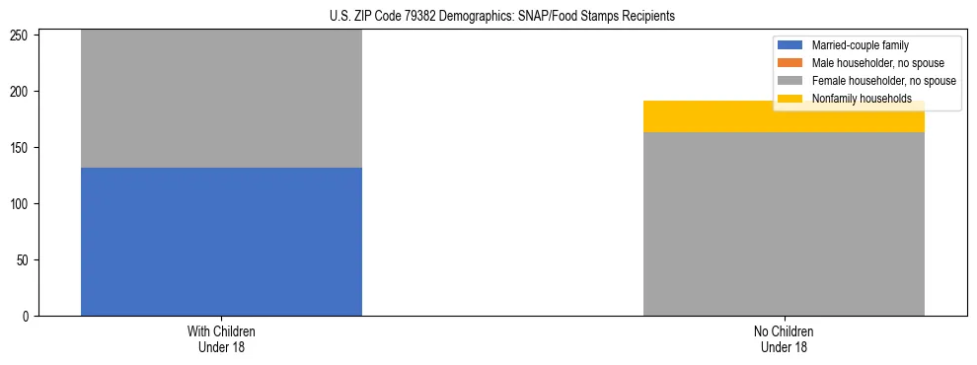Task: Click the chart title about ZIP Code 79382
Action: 502,16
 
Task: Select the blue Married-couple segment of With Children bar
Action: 221,242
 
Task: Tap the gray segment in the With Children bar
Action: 221,99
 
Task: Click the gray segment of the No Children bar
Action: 784,224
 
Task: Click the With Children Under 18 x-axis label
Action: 221,338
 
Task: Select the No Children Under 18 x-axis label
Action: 784,338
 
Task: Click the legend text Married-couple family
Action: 861,45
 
